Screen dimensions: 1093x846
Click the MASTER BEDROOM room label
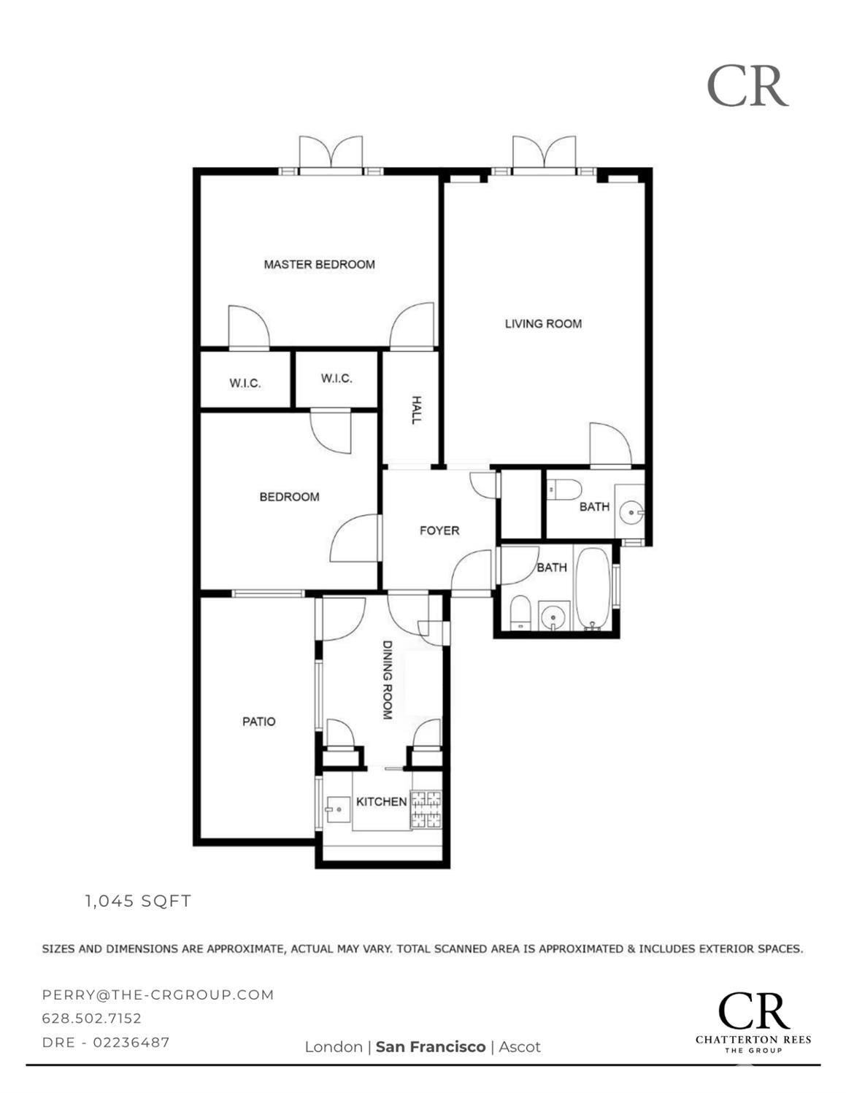click(x=319, y=264)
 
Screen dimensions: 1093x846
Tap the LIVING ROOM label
click(x=543, y=323)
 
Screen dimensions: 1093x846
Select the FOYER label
click(x=439, y=530)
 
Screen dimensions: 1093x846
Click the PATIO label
click(x=258, y=722)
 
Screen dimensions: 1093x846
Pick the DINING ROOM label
click(x=388, y=680)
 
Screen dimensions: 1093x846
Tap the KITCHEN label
click(x=381, y=802)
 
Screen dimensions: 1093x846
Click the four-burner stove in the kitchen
click(x=426, y=810)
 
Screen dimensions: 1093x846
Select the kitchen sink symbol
click(x=338, y=808)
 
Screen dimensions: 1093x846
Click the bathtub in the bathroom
click(x=592, y=589)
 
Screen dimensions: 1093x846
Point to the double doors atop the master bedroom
click(x=331, y=155)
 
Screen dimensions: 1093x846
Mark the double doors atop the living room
click(x=544, y=154)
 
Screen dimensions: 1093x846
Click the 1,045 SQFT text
click(x=138, y=901)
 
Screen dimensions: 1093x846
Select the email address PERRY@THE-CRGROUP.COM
click(x=158, y=994)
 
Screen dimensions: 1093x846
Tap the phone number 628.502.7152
click(x=92, y=1018)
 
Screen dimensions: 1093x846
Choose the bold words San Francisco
click(x=430, y=1047)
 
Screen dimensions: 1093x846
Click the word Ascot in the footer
click(x=520, y=1047)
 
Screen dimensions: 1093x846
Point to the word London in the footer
click(x=334, y=1047)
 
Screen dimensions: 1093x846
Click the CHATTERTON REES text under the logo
click(x=753, y=1040)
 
